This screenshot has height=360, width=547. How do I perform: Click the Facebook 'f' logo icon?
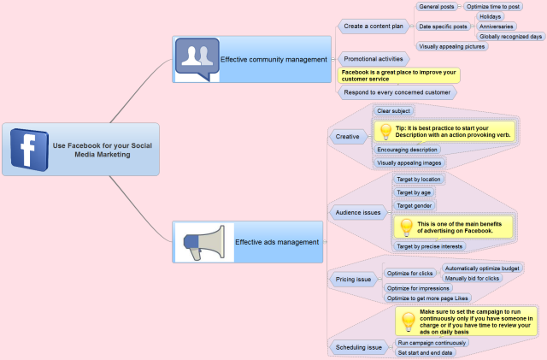tap(29, 150)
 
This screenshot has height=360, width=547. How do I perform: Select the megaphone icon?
tap(204, 242)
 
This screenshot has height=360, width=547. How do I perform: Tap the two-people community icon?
tap(197, 58)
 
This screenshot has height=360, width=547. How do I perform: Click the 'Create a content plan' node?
tap(373, 27)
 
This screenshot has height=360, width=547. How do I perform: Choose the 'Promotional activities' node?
tap(373, 59)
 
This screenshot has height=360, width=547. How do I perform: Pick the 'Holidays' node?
tap(490, 16)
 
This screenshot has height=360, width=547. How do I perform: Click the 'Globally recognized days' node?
tap(510, 36)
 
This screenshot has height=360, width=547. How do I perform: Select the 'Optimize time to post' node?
tap(493, 7)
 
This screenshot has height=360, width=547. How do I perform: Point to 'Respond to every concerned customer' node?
tap(397, 92)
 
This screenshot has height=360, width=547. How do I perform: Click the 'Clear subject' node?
tap(393, 111)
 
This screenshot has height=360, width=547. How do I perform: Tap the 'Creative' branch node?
tap(348, 137)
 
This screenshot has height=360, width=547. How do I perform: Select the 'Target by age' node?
tap(414, 192)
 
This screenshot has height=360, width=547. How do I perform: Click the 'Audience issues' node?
tap(358, 212)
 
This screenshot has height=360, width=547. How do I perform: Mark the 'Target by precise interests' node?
tap(429, 246)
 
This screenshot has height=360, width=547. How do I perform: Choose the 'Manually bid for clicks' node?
tap(472, 278)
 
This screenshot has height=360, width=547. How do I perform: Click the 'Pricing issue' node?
tap(353, 280)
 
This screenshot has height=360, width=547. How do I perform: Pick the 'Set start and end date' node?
tap(425, 352)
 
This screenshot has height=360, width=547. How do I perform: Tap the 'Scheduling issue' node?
tap(359, 347)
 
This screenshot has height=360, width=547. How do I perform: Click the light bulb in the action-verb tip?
tap(385, 132)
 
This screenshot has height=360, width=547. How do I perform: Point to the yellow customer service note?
tap(399, 76)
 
